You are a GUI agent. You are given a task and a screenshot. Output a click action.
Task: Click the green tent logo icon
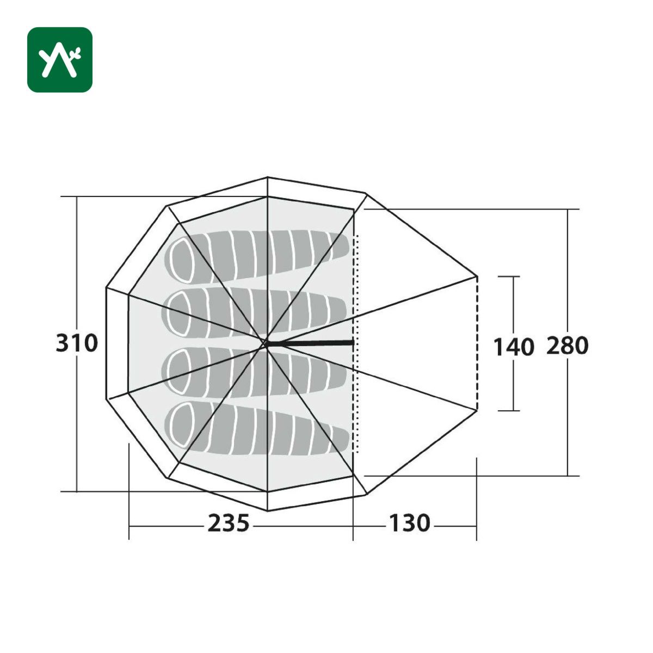pyautogui.click(x=60, y=60)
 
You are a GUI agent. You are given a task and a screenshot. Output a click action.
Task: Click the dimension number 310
pyautogui.click(x=77, y=343)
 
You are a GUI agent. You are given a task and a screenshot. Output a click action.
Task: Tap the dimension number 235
pyautogui.click(x=229, y=523)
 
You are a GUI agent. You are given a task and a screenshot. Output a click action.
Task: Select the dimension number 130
pyautogui.click(x=410, y=523)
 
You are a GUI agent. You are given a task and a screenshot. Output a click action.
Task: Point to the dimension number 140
pyautogui.click(x=513, y=347)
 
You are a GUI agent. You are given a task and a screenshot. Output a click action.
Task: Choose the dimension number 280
pyautogui.click(x=567, y=346)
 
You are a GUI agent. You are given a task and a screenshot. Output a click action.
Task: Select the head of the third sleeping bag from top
pyautogui.click(x=178, y=371)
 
